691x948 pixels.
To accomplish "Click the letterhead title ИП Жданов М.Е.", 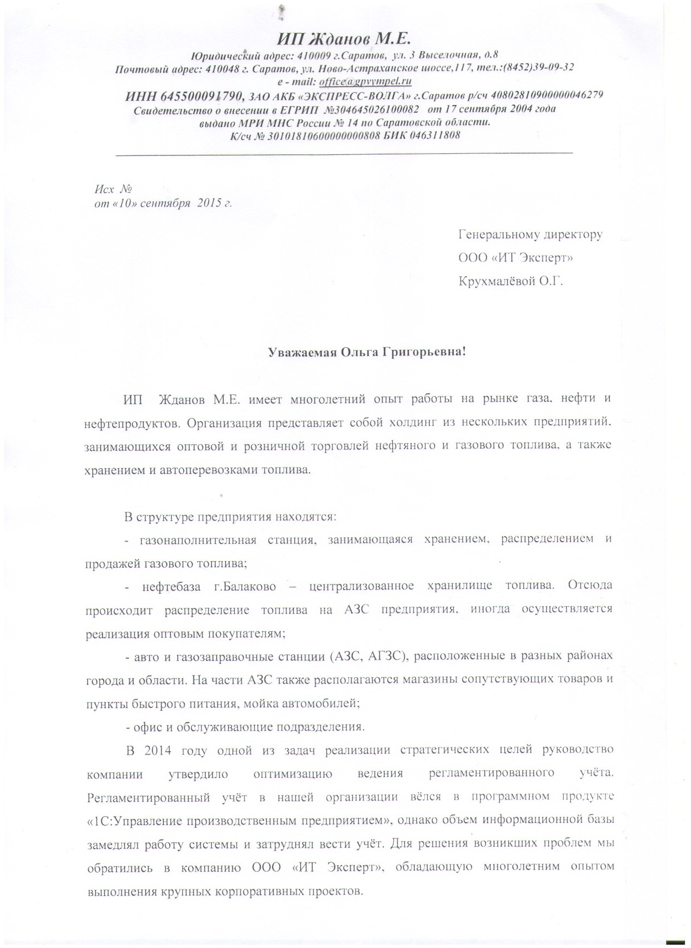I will coord(345,38).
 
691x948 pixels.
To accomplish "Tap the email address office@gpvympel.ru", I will coord(365,81).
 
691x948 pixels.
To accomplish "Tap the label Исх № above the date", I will coord(113,189).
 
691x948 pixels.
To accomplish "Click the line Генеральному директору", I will coord(530,235).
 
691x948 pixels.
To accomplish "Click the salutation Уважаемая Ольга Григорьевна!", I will coord(367,352).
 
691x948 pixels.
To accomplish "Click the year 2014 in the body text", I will coord(157,750).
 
